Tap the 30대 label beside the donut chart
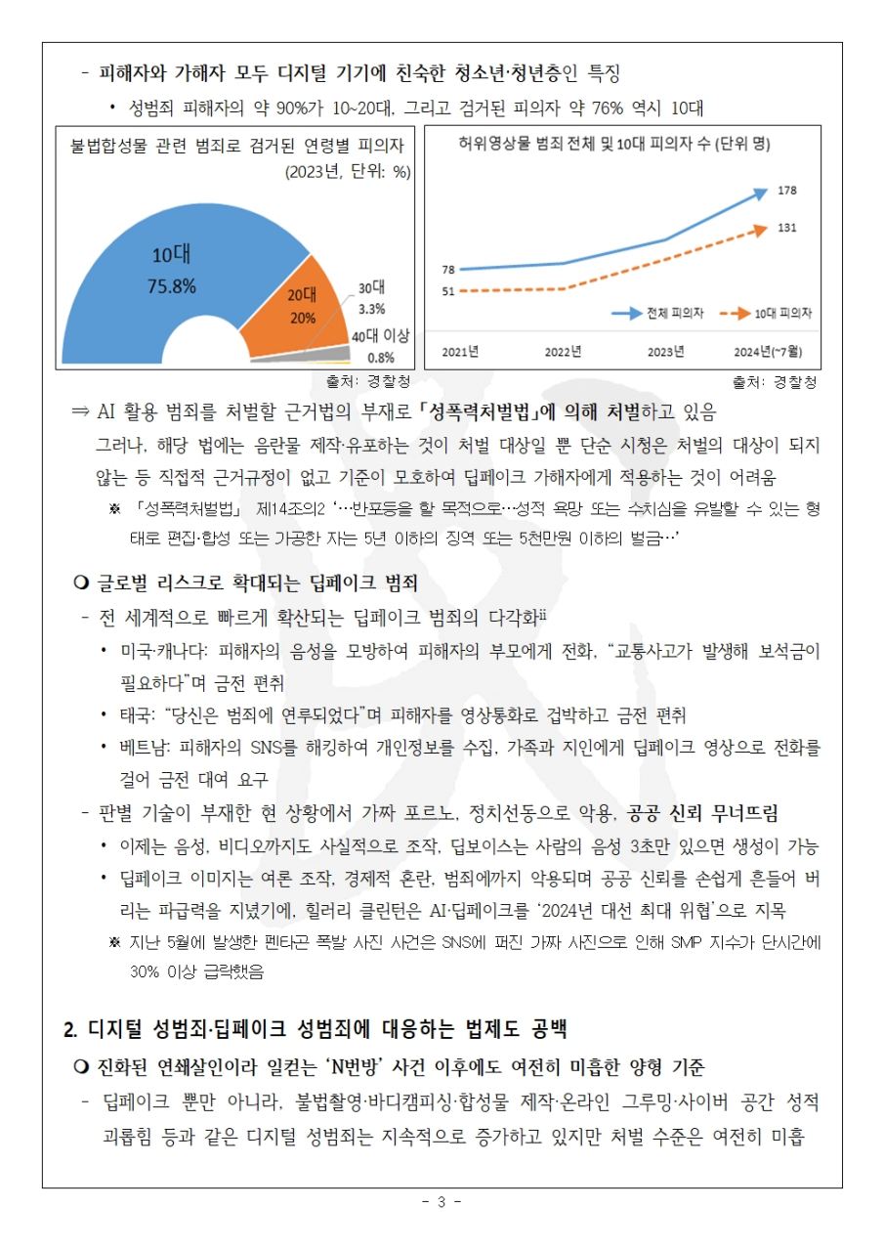tap(371, 287)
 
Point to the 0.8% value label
tap(381, 358)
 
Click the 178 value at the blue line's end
tap(787, 191)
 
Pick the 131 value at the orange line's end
tap(787, 228)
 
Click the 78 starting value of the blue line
tap(448, 270)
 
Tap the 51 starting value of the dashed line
tap(448, 291)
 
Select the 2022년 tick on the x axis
tap(563, 351)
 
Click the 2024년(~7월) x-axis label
tap(768, 351)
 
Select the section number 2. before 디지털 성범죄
tap(71, 1029)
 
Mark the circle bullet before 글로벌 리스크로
tap(81, 582)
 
